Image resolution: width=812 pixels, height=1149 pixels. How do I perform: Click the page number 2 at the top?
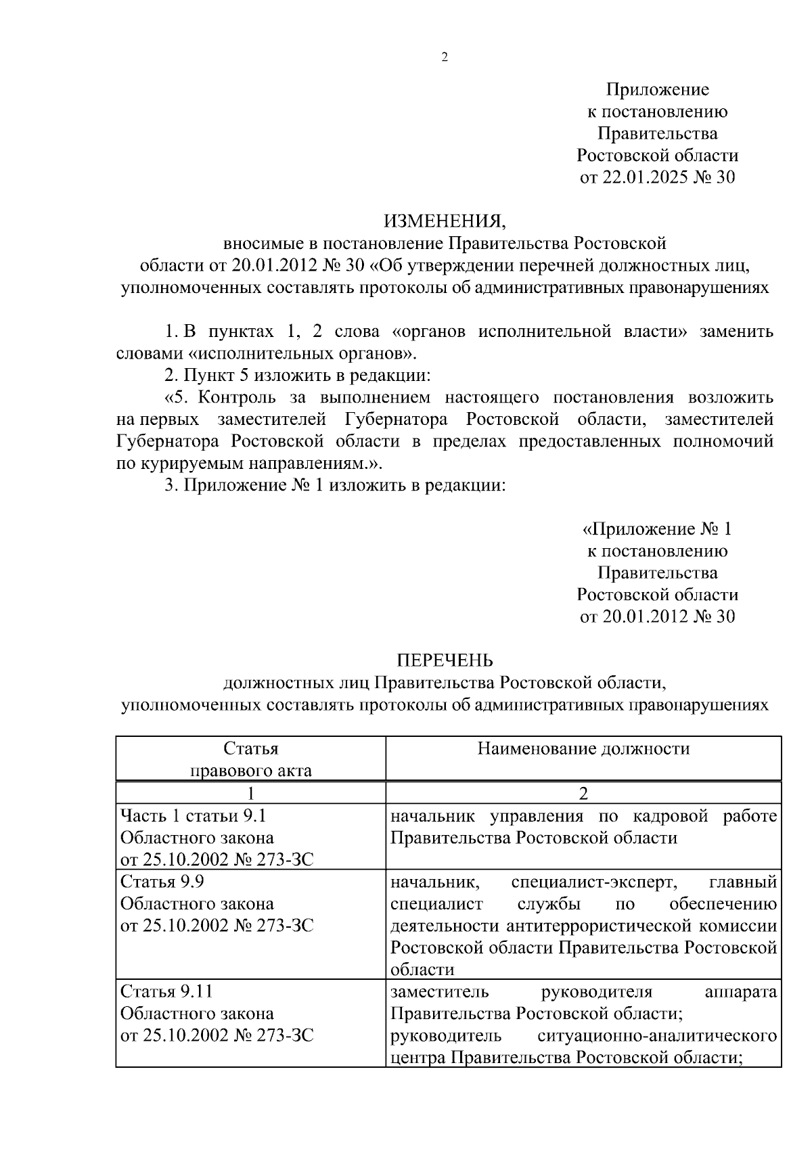pos(445,58)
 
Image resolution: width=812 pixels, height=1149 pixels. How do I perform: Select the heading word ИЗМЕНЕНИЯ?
pos(445,221)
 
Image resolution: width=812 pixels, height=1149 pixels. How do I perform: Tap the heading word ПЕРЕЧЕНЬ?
pos(445,660)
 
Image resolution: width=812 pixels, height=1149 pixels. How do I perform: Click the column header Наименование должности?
pos(583,748)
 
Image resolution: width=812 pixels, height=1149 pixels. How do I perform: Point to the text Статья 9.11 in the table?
pos(166,992)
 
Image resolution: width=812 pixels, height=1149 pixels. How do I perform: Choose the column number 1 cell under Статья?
pos(250,793)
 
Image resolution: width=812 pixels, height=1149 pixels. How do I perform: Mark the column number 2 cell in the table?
pos(583,793)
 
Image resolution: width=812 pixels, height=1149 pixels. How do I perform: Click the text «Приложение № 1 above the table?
pos(657,528)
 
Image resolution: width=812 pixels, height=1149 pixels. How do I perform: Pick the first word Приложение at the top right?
pos(657,89)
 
